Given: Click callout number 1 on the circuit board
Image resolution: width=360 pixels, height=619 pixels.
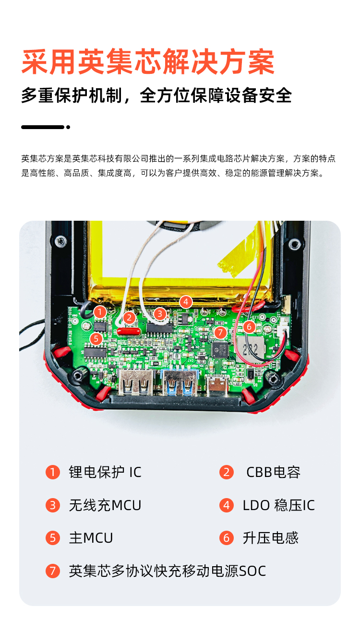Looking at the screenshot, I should click(x=100, y=312).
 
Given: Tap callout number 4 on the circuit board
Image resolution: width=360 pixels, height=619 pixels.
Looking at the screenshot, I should click(x=186, y=302).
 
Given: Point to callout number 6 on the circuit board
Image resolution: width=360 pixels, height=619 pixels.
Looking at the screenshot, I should click(x=249, y=327).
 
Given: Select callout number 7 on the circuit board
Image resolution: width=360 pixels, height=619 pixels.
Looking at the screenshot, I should click(x=220, y=332).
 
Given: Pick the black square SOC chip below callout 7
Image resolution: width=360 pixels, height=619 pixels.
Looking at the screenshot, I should click(x=220, y=349).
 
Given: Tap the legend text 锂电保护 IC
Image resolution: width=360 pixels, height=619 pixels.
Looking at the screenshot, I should click(x=105, y=472).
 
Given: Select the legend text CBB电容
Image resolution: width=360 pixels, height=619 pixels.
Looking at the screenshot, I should click(x=273, y=472).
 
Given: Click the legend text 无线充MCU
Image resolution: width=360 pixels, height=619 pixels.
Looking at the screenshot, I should click(x=105, y=505).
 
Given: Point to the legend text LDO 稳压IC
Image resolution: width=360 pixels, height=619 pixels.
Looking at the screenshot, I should click(x=278, y=505).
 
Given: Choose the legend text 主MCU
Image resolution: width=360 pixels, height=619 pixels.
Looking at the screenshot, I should click(x=91, y=538).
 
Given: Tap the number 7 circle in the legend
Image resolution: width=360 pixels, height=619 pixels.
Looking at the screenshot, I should click(x=53, y=571).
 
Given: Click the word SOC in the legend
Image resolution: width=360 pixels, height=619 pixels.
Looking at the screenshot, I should click(x=252, y=571).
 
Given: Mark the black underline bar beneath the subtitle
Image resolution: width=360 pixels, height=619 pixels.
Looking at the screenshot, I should click(x=43, y=127).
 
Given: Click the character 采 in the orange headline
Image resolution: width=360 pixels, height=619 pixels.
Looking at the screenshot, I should click(x=36, y=62).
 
